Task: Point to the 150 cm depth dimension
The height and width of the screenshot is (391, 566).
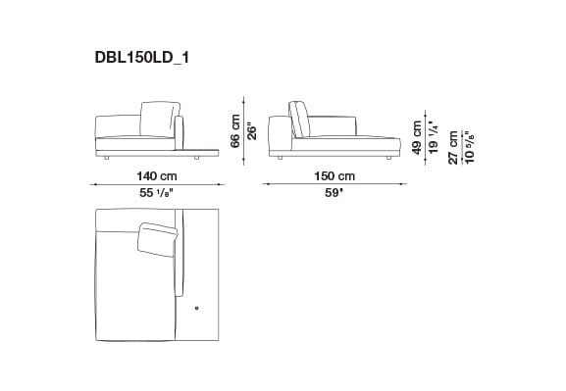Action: coord(334,174)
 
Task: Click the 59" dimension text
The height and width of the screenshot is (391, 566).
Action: coord(334,194)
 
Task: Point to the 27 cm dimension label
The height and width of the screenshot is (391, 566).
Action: coord(452,144)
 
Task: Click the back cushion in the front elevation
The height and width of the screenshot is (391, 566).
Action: coord(159,120)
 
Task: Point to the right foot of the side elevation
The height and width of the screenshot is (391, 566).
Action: coord(389,157)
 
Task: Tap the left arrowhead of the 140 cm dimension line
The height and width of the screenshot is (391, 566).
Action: coord(94,184)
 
